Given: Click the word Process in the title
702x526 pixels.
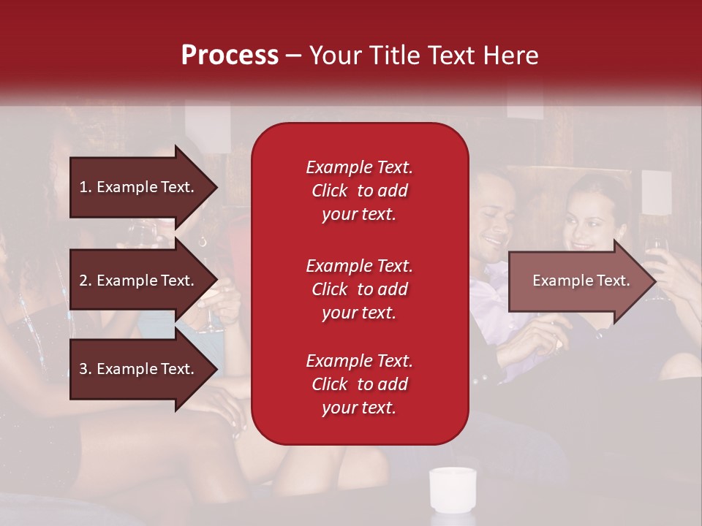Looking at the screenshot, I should tap(230, 56).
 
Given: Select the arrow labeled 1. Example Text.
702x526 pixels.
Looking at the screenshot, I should tap(139, 187).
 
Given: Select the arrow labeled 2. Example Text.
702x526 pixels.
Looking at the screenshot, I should tap(139, 281).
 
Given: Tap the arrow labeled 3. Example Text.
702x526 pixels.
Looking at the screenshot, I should tap(139, 369).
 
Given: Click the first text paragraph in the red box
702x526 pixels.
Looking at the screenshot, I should tap(359, 191).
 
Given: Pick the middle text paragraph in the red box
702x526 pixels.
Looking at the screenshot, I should tap(359, 289).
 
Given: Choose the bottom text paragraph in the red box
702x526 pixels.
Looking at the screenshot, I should tap(359, 384).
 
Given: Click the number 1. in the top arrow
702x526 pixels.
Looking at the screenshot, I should tap(86, 187).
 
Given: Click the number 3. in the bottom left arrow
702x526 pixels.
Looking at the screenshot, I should tap(86, 369).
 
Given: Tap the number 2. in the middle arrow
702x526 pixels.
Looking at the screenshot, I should tap(86, 281).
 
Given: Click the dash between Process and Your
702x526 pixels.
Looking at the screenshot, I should tap(293, 56).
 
